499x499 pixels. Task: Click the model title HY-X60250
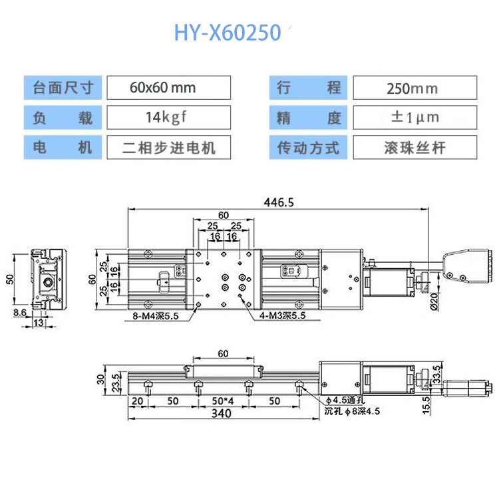[228, 33]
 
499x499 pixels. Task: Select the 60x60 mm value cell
[169, 88]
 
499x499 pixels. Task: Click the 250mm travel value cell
[415, 88]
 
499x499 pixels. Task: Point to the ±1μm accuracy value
[415, 117]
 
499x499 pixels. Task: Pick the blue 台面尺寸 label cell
[63, 88]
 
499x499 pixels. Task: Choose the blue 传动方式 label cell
[308, 147]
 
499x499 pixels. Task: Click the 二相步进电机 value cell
[169, 147]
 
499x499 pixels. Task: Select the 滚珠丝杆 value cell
[415, 147]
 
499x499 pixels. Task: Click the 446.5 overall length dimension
[279, 202]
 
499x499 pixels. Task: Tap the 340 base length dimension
[221, 413]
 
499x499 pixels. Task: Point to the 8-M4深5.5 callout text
[156, 316]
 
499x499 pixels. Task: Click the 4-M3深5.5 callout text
[282, 315]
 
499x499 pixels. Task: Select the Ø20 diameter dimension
[434, 301]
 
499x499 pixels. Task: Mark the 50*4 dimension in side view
[223, 401]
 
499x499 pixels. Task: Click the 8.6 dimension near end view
[20, 313]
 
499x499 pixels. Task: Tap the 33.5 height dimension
[437, 374]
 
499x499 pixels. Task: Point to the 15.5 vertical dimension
[426, 405]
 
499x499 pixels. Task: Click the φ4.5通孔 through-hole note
[345, 400]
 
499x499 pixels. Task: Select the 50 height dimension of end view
[10, 279]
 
